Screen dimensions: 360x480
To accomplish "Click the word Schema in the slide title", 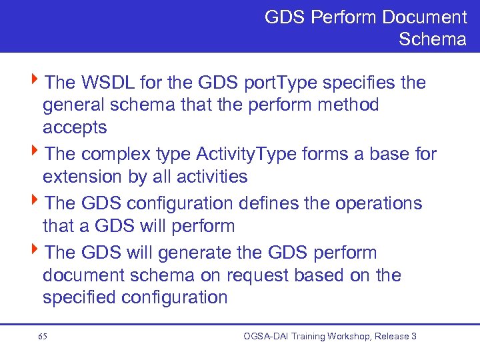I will (x=432, y=39).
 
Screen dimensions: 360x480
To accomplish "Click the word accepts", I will (x=75, y=127).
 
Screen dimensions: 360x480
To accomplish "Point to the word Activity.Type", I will (x=247, y=154).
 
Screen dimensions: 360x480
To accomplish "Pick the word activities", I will (x=207, y=177).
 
